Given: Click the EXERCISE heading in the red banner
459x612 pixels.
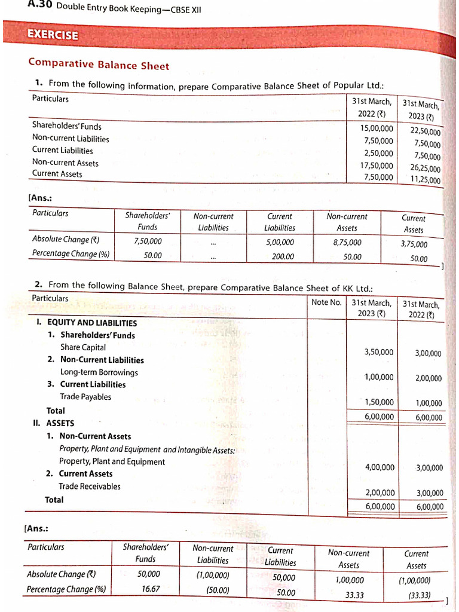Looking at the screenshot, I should (53, 35).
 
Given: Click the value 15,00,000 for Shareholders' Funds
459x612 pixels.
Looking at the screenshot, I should (377, 128).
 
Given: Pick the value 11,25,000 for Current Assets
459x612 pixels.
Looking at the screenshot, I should (425, 180).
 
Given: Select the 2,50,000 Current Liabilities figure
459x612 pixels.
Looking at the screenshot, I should (379, 153).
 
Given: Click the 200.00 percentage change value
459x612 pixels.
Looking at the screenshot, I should (283, 256).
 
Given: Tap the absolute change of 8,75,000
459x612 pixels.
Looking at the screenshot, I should (347, 242).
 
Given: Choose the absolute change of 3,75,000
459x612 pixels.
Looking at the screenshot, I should (414, 244).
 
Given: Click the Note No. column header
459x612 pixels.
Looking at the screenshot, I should (327, 302).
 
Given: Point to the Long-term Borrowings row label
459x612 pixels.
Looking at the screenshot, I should (99, 372).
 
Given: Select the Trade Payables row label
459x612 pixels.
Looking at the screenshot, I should (85, 397).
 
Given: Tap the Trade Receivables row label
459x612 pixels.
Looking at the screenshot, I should (90, 486).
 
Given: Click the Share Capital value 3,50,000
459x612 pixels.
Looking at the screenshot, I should (379, 352).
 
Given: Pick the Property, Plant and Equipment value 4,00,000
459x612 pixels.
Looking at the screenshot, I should (380, 467).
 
